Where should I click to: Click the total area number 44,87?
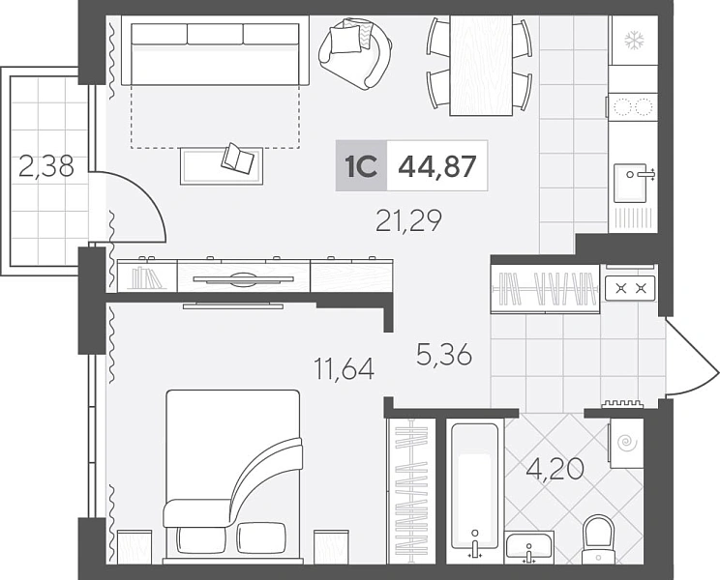(436, 166)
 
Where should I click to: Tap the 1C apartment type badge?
(361, 165)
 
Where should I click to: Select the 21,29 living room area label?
(408, 220)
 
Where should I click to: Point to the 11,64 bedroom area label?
(344, 368)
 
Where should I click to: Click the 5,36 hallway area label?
(444, 355)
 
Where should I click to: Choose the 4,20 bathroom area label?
(555, 469)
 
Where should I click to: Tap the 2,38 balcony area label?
(45, 166)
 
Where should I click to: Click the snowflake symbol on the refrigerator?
(634, 41)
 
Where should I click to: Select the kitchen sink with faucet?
(633, 183)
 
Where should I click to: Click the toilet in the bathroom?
(597, 539)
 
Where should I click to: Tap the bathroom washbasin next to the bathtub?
(529, 548)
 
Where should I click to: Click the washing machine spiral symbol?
(625, 443)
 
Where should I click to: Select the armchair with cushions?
(355, 53)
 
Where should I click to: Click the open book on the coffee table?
(237, 159)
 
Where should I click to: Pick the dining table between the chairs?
(481, 66)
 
